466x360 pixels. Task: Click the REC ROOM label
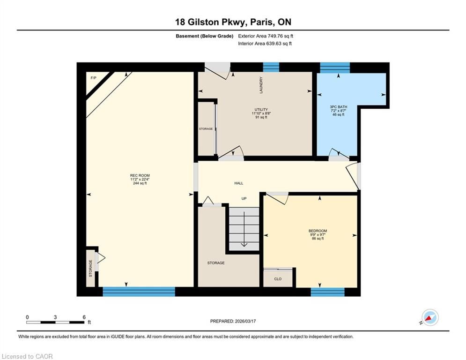[140, 175]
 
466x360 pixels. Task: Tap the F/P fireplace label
[93, 78]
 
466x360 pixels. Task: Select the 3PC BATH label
[338, 107]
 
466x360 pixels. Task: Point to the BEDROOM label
[318, 231]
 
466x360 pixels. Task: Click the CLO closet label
[278, 279]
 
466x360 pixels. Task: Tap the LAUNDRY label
[261, 85]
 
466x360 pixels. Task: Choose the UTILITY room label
[261, 110]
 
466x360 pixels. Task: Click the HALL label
[239, 183]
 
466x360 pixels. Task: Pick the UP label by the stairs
[244, 198]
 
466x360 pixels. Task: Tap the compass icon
[430, 317]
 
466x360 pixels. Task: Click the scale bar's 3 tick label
[55, 317]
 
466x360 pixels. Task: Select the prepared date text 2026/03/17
[245, 321]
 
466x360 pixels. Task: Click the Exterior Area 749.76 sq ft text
[266, 36]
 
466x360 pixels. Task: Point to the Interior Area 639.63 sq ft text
[265, 44]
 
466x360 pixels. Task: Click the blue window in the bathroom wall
[335, 67]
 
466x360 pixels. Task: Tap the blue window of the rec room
[139, 292]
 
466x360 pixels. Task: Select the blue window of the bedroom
[327, 292]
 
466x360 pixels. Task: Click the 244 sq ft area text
[140, 183]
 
